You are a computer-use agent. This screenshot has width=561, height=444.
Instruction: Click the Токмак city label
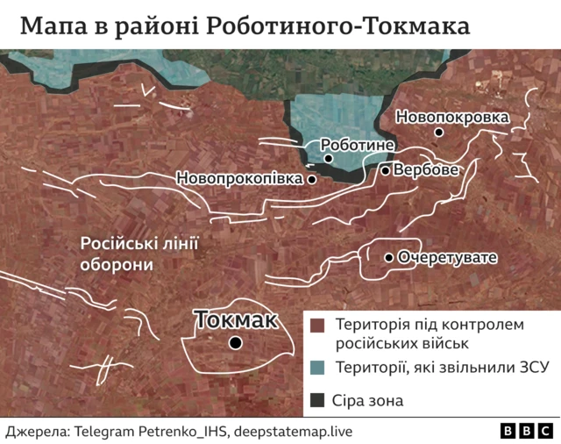coord(236,320)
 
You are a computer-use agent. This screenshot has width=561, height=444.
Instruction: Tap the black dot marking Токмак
coord(235,343)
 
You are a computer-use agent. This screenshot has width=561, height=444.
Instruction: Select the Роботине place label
coord(358,144)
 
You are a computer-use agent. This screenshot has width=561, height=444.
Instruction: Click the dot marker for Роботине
coord(328,159)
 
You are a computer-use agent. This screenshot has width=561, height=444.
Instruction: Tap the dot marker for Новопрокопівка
coord(311,178)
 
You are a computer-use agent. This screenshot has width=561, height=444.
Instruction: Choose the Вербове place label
coord(425,169)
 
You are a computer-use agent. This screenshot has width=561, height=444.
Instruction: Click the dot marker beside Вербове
coord(385,170)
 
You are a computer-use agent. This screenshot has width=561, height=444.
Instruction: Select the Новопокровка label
coord(452,116)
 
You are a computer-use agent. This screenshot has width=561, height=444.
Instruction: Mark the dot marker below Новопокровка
coord(438,132)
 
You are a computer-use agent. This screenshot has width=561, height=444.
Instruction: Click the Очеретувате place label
coord(447,258)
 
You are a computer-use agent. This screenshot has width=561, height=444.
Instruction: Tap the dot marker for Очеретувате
coord(388,258)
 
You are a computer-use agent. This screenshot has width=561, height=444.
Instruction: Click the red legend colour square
coord(318,326)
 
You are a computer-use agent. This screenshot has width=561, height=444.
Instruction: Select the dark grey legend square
coord(318,401)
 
